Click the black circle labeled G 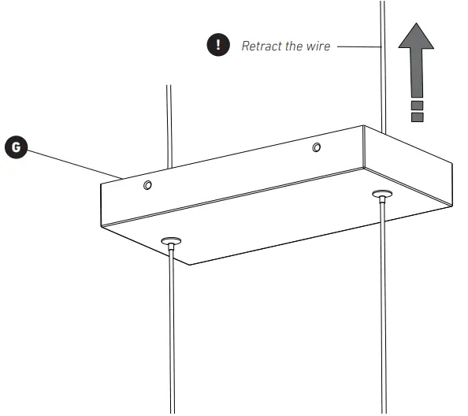tap(15, 147)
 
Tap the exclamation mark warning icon tap(217, 45)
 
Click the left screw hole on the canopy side tap(147, 185)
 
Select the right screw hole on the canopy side tap(316, 147)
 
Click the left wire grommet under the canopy tap(170, 240)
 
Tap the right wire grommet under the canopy tap(382, 194)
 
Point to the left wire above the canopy tap(168, 126)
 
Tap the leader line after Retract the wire tap(358, 46)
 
